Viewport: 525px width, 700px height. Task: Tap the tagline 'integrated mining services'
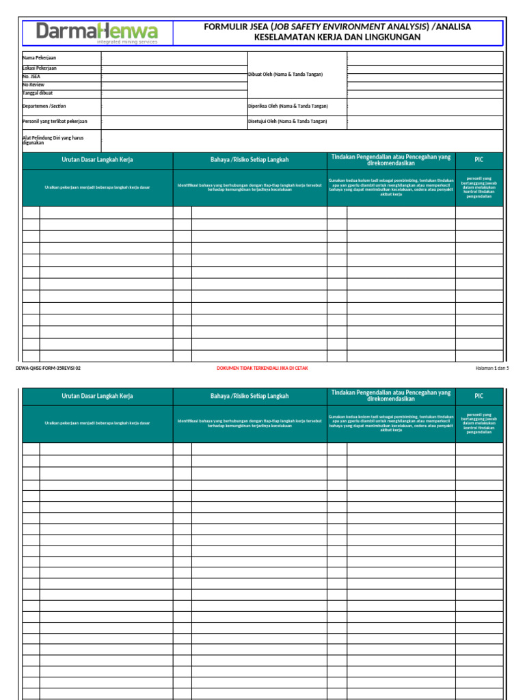coord(126,42)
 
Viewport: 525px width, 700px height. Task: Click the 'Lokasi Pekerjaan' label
coord(40,68)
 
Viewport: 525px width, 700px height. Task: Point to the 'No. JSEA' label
coord(31,77)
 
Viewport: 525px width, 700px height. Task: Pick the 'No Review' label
coord(33,85)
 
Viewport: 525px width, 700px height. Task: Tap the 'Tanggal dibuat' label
coord(38,93)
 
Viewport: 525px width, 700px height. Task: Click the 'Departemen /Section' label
coord(44,106)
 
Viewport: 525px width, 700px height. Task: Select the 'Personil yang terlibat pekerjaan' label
coord(55,121)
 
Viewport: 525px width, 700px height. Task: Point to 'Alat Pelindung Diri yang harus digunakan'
coord(53,140)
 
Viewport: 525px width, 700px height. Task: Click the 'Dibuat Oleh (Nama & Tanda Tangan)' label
coord(285,74)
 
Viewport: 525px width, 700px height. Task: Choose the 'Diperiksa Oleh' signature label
coord(288,106)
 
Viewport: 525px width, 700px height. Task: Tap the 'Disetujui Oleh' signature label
coord(287,121)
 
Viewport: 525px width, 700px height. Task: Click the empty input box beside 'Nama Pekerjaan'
coord(174,58)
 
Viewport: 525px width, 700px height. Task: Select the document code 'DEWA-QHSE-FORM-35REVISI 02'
coord(48,368)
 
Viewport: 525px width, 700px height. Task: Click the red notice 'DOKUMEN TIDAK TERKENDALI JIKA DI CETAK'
coord(262,368)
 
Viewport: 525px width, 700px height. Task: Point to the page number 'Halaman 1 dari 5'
coord(492,368)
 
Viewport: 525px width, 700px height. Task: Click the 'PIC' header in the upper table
coord(479,159)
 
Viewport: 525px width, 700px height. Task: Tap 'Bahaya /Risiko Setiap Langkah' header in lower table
coord(250,396)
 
